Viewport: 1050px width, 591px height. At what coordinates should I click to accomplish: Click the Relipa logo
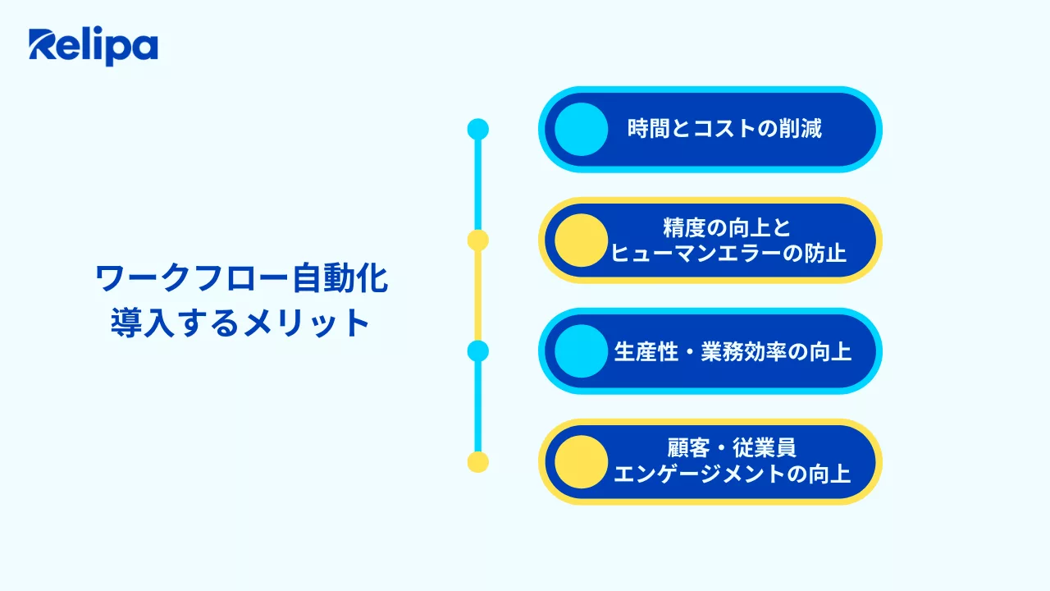click(x=94, y=46)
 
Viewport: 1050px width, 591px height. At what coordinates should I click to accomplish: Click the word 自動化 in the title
click(x=340, y=278)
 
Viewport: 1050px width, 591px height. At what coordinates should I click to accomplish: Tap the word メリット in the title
click(x=307, y=323)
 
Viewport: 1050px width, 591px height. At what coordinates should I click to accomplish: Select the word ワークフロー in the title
click(x=192, y=278)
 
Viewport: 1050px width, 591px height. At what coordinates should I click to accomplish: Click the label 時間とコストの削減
click(x=724, y=129)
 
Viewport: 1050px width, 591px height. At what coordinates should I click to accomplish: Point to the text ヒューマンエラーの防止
click(x=728, y=254)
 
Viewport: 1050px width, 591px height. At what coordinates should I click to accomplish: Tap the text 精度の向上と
click(x=728, y=228)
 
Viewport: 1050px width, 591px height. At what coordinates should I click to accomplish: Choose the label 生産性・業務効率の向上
click(x=733, y=352)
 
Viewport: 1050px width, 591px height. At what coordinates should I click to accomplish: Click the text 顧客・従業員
click(x=732, y=448)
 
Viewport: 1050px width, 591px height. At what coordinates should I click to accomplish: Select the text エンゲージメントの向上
click(x=733, y=474)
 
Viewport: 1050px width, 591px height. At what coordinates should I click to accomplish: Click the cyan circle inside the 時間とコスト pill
click(x=582, y=129)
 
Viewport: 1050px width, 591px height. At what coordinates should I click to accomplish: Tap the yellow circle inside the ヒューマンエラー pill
click(x=582, y=241)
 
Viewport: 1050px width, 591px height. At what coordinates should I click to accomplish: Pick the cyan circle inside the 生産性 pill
click(x=582, y=351)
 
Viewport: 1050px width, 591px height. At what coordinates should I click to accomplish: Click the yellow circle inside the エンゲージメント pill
click(x=582, y=462)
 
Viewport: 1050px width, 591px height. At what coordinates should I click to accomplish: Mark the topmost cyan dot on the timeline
click(x=478, y=129)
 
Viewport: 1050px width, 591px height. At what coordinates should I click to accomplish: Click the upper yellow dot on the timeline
click(x=478, y=241)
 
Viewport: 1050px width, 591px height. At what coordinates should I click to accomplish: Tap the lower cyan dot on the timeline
click(x=478, y=351)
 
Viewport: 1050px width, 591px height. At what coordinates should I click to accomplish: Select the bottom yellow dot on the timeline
click(x=478, y=462)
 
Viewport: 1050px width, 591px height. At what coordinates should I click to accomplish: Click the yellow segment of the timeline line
click(x=478, y=296)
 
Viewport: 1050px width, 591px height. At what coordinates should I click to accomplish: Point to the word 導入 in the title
click(x=143, y=323)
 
